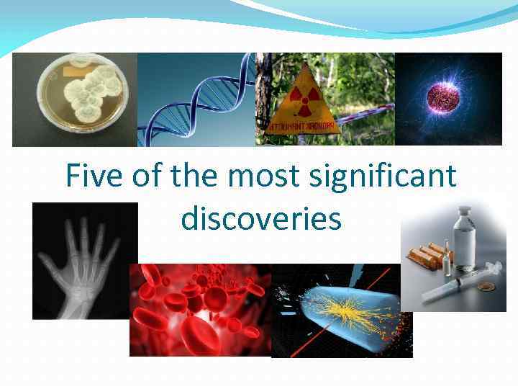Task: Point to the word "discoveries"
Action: click(x=261, y=218)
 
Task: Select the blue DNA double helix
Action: click(x=194, y=101)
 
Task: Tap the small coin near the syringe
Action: click(x=486, y=287)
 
